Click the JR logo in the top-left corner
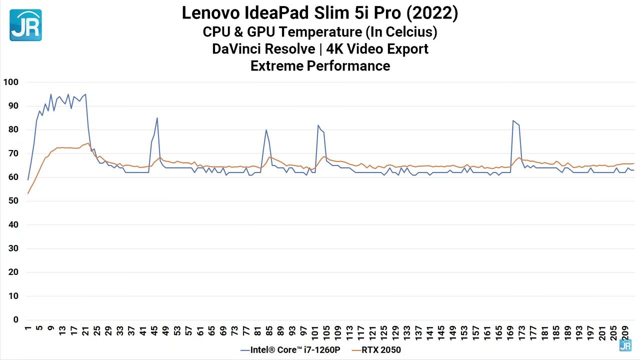pyautogui.click(x=25, y=25)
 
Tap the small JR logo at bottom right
pyautogui.click(x=625, y=345)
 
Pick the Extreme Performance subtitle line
pyautogui.click(x=320, y=65)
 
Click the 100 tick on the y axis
pyautogui.click(x=11, y=82)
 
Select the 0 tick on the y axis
pyautogui.click(x=16, y=320)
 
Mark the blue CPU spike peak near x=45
pyautogui.click(x=157, y=118)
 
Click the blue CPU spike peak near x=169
pyautogui.click(x=513, y=120)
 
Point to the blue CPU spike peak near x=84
pyautogui.click(x=266, y=130)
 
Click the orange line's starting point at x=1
pyautogui.click(x=28, y=193)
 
